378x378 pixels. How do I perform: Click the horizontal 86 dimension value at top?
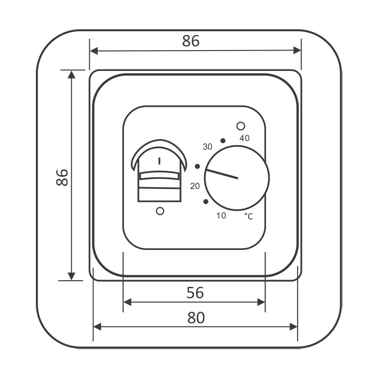(191, 41)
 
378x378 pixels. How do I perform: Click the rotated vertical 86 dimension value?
(62, 178)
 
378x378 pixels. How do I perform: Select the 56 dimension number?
(195, 292)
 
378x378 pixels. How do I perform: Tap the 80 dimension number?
(196, 318)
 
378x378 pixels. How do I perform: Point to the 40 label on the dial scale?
(244, 138)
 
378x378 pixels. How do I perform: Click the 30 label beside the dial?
(207, 146)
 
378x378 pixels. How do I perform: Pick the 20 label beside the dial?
(195, 186)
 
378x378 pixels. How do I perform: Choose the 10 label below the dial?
(221, 215)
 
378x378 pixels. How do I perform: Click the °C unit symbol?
(249, 216)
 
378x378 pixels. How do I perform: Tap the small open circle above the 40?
(241, 126)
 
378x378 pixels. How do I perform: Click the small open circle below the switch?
(160, 211)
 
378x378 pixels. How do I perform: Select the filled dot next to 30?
(223, 140)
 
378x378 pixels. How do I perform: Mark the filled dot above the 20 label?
(198, 166)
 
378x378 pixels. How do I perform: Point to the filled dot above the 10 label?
(206, 201)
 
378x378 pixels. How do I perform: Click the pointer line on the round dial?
(222, 174)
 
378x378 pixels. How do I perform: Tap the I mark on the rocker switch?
(159, 161)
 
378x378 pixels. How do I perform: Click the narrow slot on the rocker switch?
(160, 175)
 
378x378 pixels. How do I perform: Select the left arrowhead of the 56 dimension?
(127, 302)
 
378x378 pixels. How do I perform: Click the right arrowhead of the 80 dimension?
(293, 327)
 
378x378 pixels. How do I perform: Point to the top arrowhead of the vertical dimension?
(72, 75)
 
